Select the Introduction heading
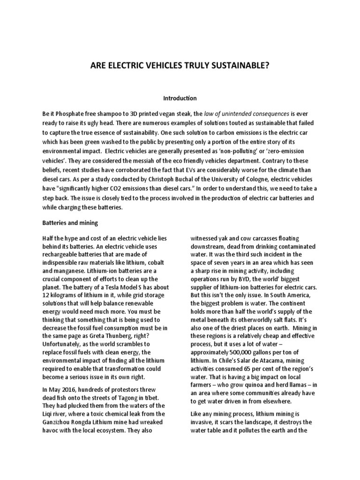[x=180, y=98]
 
